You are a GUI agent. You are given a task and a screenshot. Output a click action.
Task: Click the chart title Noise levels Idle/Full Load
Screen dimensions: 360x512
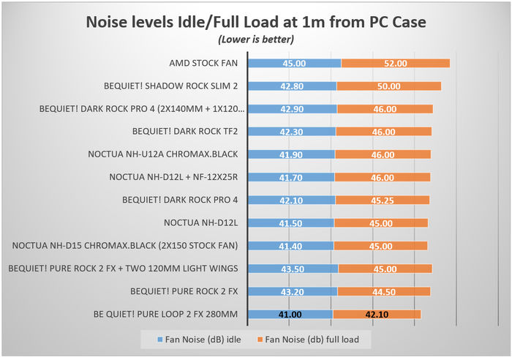point(256,22)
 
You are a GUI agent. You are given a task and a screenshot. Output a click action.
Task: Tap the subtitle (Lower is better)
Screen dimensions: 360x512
point(256,40)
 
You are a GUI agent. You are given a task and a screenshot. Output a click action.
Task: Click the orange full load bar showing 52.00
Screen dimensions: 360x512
point(395,64)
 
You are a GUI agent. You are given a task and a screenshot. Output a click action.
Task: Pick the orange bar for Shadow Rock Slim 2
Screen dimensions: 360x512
point(388,86)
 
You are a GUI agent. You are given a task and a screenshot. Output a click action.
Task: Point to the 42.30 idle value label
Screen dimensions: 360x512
point(292,132)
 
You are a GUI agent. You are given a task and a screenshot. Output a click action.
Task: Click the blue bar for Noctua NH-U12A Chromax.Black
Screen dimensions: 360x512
point(291,154)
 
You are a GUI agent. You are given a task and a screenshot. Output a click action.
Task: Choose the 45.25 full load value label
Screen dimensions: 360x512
point(383,200)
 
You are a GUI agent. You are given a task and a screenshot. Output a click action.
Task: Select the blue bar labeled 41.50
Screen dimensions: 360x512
point(290,222)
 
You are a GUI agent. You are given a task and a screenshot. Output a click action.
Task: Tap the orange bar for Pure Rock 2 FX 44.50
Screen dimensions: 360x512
point(383,291)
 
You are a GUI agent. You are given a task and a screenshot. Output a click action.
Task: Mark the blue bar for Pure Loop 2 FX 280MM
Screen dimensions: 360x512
point(290,314)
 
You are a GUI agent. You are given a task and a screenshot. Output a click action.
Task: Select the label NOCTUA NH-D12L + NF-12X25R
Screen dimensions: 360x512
point(174,177)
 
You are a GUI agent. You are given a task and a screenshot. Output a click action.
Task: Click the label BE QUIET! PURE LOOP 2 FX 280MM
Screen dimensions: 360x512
point(166,314)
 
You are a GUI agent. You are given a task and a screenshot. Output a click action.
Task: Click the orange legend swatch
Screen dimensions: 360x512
point(261,340)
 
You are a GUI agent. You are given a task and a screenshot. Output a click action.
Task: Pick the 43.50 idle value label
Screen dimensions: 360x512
point(293,269)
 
